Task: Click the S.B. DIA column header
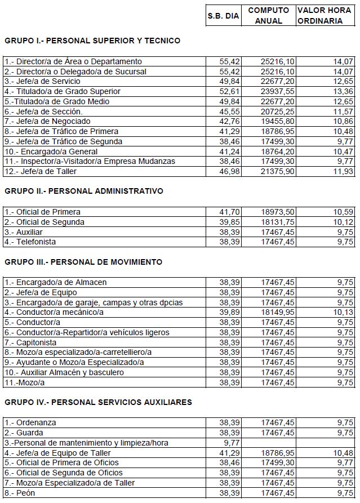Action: pyautogui.click(x=224, y=16)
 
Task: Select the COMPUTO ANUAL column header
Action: pyautogui.click(x=268, y=16)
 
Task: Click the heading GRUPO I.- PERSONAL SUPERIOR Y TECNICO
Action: pyautogui.click(x=92, y=41)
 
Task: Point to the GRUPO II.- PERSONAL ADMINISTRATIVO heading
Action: pyautogui.click(x=84, y=191)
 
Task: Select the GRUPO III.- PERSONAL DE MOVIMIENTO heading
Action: pyautogui.click(x=83, y=262)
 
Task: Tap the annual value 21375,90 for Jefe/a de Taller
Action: pyautogui.click(x=277, y=171)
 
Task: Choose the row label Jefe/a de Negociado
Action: pyautogui.click(x=50, y=121)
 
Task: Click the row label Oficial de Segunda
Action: pyautogui.click(x=42, y=222)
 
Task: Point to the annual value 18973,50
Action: pyautogui.click(x=277, y=212)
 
